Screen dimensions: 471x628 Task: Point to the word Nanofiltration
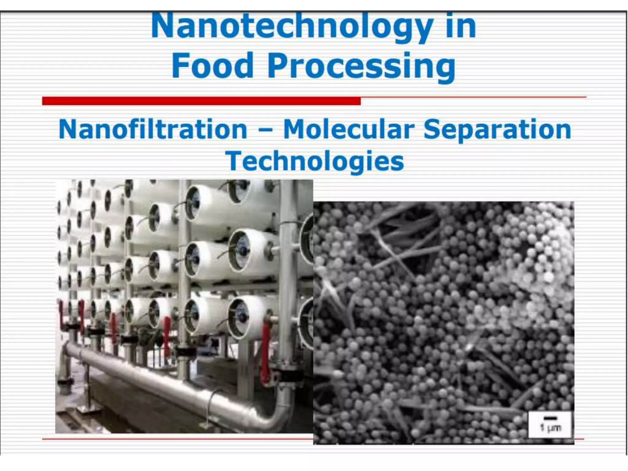point(153,130)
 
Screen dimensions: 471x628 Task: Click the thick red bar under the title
point(201,101)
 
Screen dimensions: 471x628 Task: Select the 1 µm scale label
point(550,428)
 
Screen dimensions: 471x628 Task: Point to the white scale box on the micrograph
point(550,424)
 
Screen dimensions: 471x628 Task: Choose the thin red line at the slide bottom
point(178,439)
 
